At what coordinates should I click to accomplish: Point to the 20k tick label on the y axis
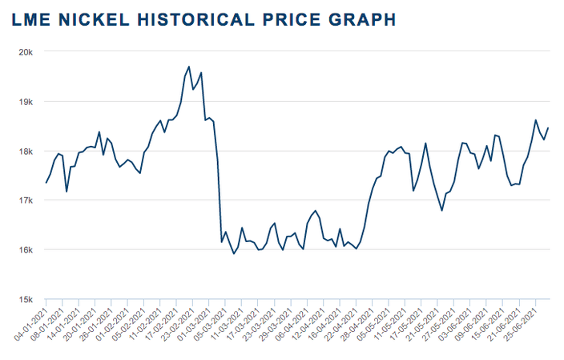pyautogui.click(x=26, y=52)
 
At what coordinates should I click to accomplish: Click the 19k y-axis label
pyautogui.click(x=26, y=102)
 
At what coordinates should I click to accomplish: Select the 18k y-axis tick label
pyautogui.click(x=26, y=152)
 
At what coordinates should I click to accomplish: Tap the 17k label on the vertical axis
pyautogui.click(x=26, y=200)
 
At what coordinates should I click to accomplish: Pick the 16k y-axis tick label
pyautogui.click(x=26, y=250)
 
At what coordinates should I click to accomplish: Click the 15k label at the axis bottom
pyautogui.click(x=26, y=299)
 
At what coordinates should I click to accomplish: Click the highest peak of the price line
pyautogui.click(x=188, y=67)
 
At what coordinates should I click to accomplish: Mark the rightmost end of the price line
pyautogui.click(x=548, y=127)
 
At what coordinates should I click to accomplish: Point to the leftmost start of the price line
pyautogui.click(x=46, y=183)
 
